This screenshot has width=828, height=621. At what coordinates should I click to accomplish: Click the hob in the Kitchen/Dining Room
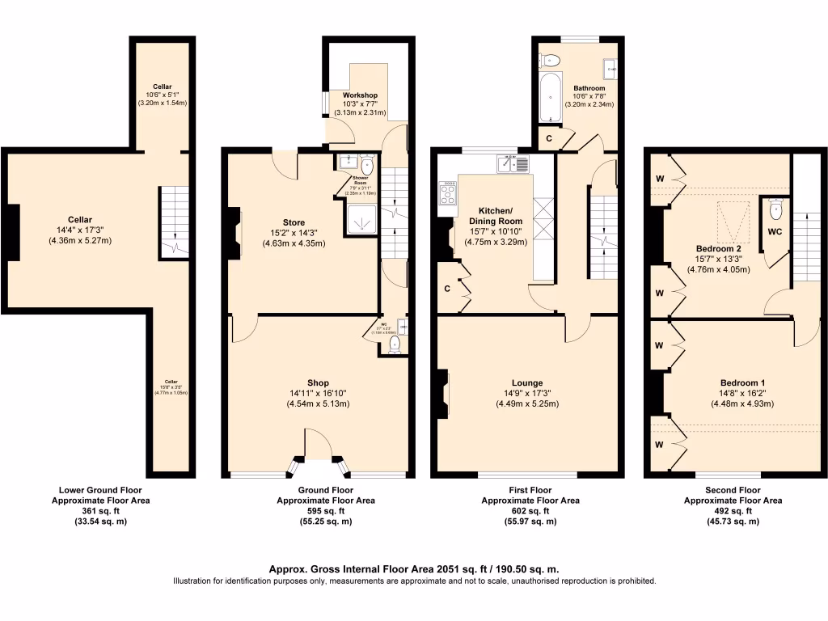tap(447, 193)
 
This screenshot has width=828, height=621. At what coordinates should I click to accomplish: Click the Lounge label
tap(527, 383)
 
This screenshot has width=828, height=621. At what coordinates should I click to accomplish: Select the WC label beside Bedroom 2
tap(775, 230)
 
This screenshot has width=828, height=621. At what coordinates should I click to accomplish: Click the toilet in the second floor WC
tap(776, 209)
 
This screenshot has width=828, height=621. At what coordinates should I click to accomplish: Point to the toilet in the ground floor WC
tap(394, 345)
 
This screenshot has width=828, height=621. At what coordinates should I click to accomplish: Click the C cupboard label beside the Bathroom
tap(549, 138)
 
